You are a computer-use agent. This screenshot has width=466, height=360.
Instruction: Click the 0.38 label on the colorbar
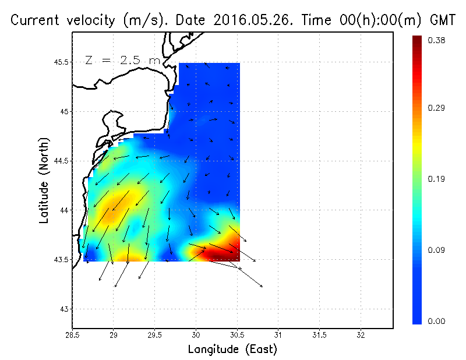click(437, 40)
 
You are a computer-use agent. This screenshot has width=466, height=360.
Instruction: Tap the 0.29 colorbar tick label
click(437, 108)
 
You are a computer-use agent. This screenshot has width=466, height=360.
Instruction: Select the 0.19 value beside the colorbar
click(437, 179)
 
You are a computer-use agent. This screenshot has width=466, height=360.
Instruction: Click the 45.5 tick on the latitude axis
click(62, 62)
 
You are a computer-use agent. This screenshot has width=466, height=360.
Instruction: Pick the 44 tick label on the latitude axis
click(65, 210)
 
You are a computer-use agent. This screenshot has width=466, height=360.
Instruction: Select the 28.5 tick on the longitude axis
click(72, 335)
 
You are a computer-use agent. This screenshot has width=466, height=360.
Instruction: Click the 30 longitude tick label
click(196, 335)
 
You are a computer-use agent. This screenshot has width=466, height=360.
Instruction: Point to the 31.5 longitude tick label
click(319, 335)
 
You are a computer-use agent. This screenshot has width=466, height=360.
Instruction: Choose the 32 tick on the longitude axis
click(361, 335)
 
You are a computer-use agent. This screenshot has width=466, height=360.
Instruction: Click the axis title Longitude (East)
click(232, 350)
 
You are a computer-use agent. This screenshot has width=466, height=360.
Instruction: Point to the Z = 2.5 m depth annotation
click(122, 60)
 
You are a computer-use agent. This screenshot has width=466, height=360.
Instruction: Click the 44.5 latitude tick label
click(62, 160)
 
